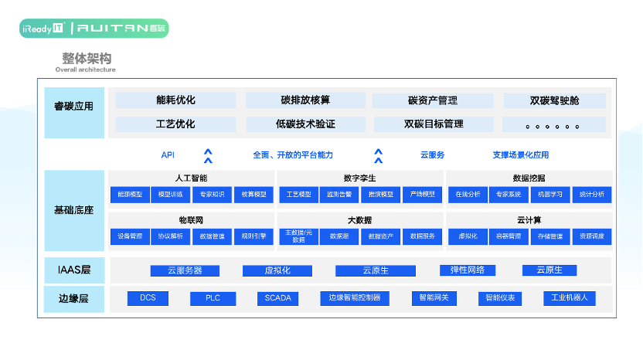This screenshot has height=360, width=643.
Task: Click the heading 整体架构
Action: coord(87,59)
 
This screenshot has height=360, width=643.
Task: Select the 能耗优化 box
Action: coord(175,100)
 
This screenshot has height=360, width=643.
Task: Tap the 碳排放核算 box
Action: coord(305,100)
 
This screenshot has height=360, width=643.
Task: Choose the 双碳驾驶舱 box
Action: coord(554,100)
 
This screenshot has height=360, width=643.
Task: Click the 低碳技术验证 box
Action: coord(305,124)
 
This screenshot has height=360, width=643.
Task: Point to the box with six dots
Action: coord(554,124)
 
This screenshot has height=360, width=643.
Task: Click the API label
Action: coord(168,155)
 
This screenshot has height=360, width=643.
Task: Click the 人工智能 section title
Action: coord(192,178)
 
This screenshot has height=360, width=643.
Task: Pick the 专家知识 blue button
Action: coord(212,195)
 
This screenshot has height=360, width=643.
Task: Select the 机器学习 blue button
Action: coord(549,195)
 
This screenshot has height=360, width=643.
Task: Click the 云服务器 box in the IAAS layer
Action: coord(185,270)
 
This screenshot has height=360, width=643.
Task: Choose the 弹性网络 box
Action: coord(467,270)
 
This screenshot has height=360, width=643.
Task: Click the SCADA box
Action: coord(277,298)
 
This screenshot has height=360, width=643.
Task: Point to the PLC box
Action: coord(213,298)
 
